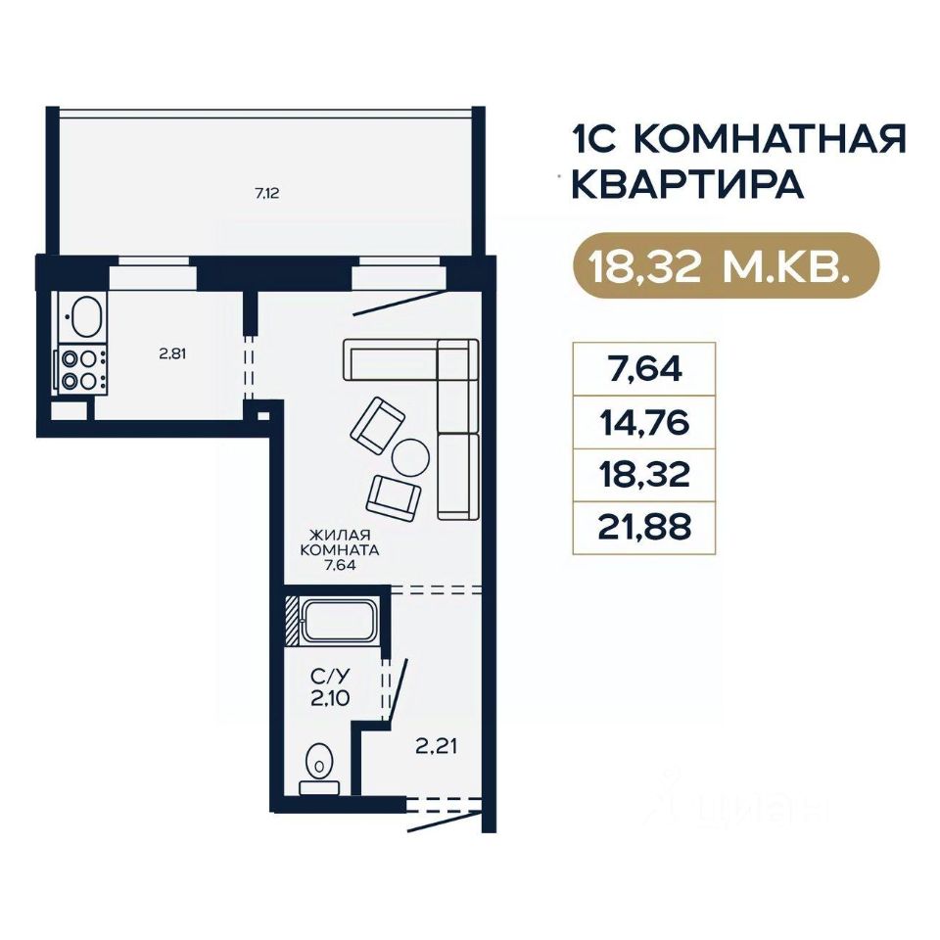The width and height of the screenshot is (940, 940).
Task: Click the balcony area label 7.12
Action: [x=267, y=193]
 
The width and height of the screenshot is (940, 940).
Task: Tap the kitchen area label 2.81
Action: [x=172, y=353]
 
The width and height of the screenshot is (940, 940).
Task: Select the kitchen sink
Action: [x=83, y=316]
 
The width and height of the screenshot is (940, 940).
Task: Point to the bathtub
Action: [x=339, y=621]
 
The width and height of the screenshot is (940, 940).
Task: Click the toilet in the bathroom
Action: [x=319, y=770]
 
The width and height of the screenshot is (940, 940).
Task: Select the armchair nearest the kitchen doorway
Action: [x=378, y=425]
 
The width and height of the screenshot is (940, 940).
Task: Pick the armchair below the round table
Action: [x=394, y=497]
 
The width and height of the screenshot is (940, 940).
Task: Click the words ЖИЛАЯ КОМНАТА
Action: [x=340, y=541]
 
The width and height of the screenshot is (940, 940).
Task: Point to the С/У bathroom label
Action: [x=330, y=677]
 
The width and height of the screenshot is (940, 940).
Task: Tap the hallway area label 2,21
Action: [x=437, y=746]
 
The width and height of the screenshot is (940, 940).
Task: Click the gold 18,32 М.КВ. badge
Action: [x=726, y=265]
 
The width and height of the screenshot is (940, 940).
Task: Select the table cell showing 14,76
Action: [x=644, y=422]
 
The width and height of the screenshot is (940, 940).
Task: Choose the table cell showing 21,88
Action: [x=644, y=527]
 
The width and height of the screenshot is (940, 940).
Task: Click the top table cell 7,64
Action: [x=644, y=369]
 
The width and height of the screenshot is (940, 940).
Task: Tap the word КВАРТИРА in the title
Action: [x=687, y=185]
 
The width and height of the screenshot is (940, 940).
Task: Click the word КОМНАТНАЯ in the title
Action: [x=770, y=139]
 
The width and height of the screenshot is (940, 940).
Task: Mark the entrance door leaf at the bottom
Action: [x=445, y=821]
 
